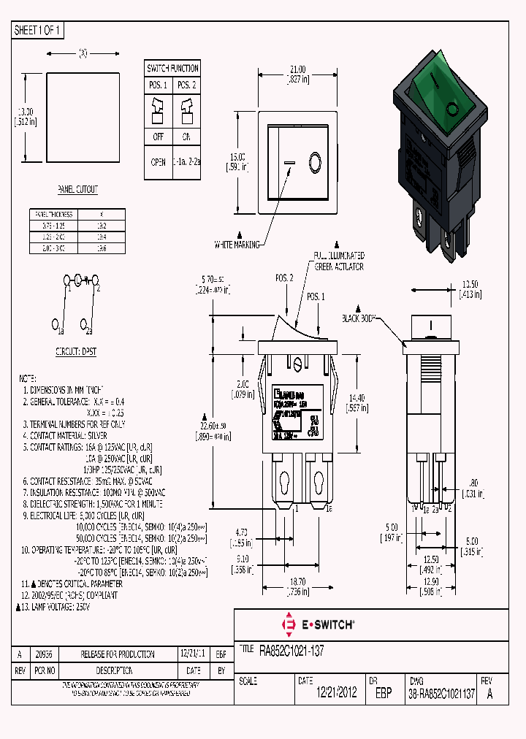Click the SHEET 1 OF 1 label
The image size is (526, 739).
(x=39, y=31)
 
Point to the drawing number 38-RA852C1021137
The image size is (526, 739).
(x=442, y=694)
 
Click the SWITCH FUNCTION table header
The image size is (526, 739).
(x=172, y=69)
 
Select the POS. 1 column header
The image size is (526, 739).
(x=159, y=85)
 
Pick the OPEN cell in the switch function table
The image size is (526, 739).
(x=159, y=163)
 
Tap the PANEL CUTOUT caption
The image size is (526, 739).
(x=77, y=190)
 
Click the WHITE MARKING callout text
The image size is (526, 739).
(x=237, y=245)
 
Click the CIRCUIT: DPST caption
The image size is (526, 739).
(x=76, y=352)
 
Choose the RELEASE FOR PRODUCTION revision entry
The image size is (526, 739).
(x=118, y=654)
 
